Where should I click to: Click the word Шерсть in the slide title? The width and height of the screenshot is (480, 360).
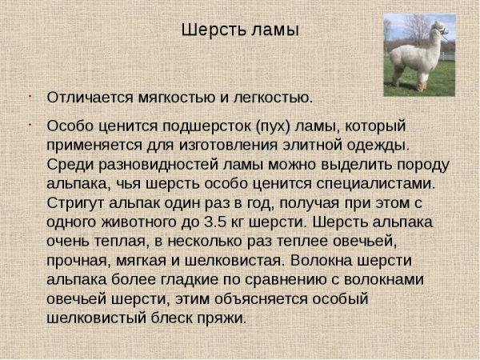pyautogui.click(x=214, y=30)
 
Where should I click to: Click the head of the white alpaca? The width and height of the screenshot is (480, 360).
pyautogui.click(x=439, y=28)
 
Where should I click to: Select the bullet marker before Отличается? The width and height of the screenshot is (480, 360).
pyautogui.click(x=30, y=97)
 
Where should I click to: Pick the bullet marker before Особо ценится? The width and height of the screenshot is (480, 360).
pyautogui.click(x=30, y=125)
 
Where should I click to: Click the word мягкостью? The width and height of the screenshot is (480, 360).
pyautogui.click(x=177, y=98)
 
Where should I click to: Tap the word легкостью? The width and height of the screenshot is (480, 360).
pyautogui.click(x=273, y=98)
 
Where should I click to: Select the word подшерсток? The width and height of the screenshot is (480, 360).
pyautogui.click(x=206, y=126)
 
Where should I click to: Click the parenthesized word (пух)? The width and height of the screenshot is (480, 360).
pyautogui.click(x=273, y=126)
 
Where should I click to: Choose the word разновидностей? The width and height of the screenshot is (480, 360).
pyautogui.click(x=158, y=165)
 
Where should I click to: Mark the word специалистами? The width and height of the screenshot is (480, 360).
pyautogui.click(x=376, y=184)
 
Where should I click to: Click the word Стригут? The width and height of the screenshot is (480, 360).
pyautogui.click(x=75, y=203)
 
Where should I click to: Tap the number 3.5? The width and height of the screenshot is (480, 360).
pyautogui.click(x=215, y=222)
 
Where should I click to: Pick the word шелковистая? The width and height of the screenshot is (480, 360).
pyautogui.click(x=234, y=261)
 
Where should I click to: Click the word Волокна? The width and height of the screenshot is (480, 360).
pyautogui.click(x=321, y=261)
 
